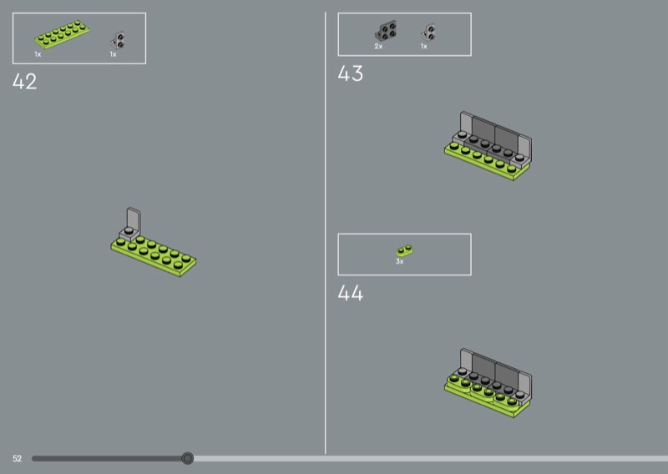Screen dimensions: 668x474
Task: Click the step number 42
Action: pyautogui.click(x=25, y=81)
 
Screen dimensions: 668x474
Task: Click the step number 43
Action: pyautogui.click(x=350, y=73)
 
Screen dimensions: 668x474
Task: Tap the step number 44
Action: pyautogui.click(x=350, y=293)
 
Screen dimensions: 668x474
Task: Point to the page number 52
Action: pyautogui.click(x=17, y=458)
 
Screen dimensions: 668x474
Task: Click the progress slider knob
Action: pyautogui.click(x=187, y=458)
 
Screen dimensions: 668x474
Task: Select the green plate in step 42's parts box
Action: pyautogui.click(x=62, y=34)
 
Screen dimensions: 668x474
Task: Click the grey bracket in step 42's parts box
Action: pyautogui.click(x=118, y=40)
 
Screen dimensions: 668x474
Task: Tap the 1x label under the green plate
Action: pyautogui.click(x=38, y=54)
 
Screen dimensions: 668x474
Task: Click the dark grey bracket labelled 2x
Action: pyautogui.click(x=386, y=31)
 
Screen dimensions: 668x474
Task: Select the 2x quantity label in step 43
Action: pyautogui.click(x=378, y=47)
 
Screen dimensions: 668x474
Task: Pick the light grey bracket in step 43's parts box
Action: pyautogui.click(x=428, y=33)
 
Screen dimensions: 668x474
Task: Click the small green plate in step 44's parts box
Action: pyautogui.click(x=404, y=250)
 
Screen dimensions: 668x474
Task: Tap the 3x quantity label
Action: pyautogui.click(x=400, y=261)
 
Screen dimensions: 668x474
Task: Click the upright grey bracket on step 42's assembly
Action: pyautogui.click(x=131, y=224)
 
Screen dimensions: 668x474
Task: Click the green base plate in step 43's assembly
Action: pyautogui.click(x=487, y=164)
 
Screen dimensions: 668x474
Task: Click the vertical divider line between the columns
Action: pyautogui.click(x=325, y=233)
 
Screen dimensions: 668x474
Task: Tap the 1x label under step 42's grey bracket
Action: pyautogui.click(x=113, y=54)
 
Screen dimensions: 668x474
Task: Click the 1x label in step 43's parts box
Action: pyautogui.click(x=424, y=47)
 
